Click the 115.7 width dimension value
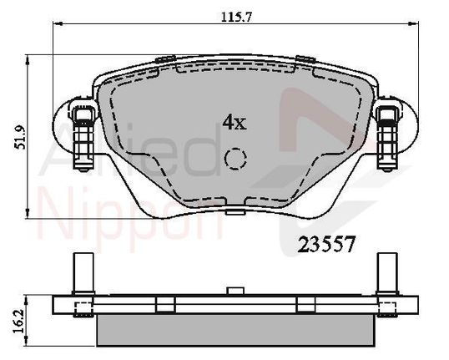point(236,18)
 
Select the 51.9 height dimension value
point(20,138)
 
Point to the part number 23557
point(326,245)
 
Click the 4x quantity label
point(235,122)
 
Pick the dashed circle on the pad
point(235,159)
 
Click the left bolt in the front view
point(83,139)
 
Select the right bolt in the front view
point(387,139)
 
